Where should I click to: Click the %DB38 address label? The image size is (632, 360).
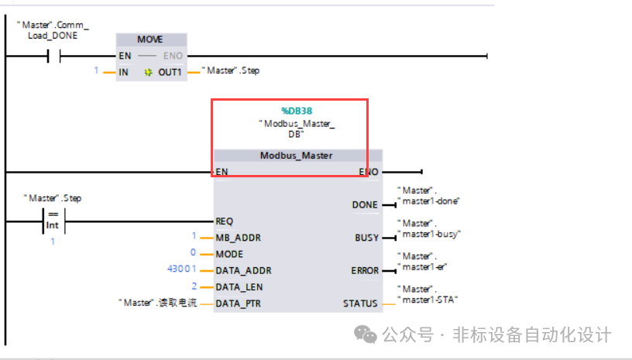[x=297, y=111]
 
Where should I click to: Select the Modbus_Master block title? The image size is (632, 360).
[x=296, y=156]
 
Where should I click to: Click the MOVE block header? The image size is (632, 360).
[x=150, y=39]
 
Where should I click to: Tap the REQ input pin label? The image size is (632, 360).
[x=224, y=221]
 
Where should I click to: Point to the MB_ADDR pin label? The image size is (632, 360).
[x=238, y=238]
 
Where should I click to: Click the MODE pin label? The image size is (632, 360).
[x=229, y=254]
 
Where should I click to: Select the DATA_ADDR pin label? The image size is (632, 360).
[x=243, y=270]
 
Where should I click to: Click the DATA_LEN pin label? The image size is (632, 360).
[x=240, y=286]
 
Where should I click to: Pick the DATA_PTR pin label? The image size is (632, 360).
[x=238, y=303]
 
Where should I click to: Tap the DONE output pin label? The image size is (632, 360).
[x=364, y=205]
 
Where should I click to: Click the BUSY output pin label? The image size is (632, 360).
[x=366, y=238]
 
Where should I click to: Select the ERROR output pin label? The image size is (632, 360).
[x=364, y=270]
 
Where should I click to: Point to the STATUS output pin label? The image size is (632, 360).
[x=360, y=303]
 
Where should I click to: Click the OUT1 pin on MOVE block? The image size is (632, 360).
[x=169, y=72]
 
